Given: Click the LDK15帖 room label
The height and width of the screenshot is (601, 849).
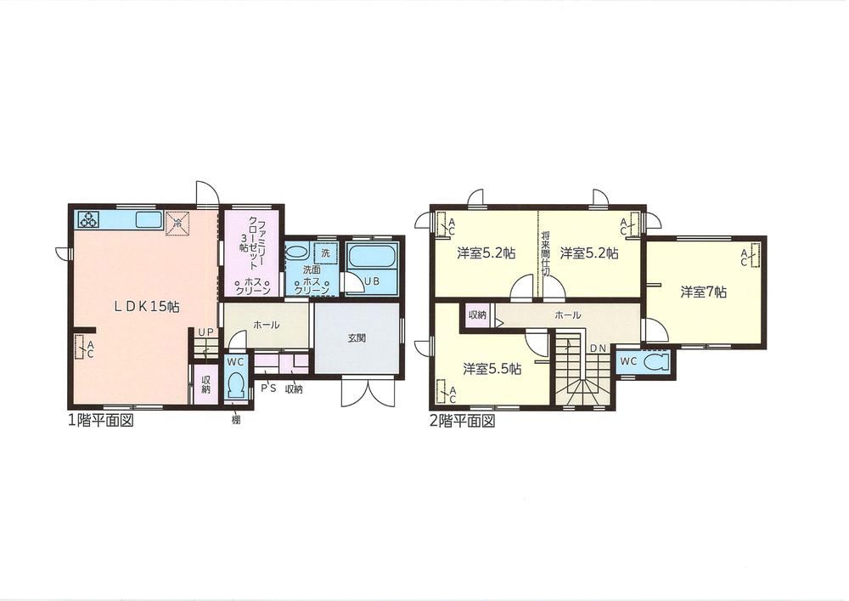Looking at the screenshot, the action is click(x=147, y=306).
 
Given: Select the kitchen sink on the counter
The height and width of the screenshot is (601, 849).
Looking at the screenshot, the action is click(x=149, y=220).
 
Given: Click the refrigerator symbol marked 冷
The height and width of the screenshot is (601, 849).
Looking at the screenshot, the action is click(x=177, y=223).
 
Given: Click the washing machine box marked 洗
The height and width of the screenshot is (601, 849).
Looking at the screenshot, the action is click(x=325, y=253).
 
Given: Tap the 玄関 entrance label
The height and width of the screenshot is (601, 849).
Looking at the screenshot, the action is click(x=357, y=338).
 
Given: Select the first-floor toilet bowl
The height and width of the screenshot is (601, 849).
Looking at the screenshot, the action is click(x=235, y=385).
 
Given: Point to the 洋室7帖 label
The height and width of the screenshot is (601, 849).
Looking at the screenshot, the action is click(x=703, y=292).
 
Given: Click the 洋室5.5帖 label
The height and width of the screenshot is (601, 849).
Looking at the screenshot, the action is click(x=492, y=369).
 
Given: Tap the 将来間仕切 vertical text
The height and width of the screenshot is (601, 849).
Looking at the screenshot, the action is click(x=545, y=254).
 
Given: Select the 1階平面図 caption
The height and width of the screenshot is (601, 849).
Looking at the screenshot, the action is click(x=100, y=421).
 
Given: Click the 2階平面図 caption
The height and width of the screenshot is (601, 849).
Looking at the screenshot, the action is click(x=462, y=421).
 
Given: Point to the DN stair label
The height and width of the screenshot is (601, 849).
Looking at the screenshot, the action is click(x=598, y=348).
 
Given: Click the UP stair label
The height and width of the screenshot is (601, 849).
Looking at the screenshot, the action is click(x=205, y=332).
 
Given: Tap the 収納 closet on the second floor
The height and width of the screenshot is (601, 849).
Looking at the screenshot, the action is click(x=477, y=315).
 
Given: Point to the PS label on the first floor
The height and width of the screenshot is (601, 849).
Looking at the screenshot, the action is click(x=269, y=388).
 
